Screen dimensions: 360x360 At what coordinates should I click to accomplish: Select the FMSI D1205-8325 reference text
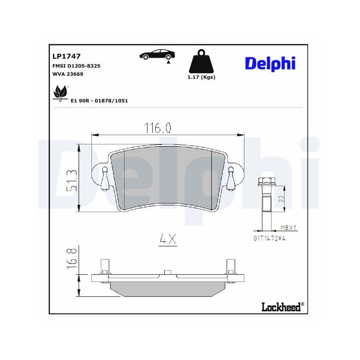pyautogui.click(x=76, y=66)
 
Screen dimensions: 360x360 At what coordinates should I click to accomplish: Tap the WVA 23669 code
pyautogui.click(x=68, y=74)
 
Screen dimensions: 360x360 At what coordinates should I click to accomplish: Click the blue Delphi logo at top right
pyautogui.click(x=270, y=63)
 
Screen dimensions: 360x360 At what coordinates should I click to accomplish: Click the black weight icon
pyautogui.click(x=202, y=63)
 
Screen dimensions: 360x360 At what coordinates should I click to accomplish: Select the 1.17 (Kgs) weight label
pyautogui.click(x=201, y=77)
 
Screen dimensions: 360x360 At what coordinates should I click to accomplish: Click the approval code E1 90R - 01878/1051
pyautogui.click(x=99, y=101)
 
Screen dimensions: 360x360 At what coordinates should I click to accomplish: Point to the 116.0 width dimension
pyautogui.click(x=158, y=128)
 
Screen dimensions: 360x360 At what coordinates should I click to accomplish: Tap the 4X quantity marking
pyautogui.click(x=168, y=239)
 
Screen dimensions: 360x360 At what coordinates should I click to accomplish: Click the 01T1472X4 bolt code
pyautogui.click(x=269, y=238)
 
